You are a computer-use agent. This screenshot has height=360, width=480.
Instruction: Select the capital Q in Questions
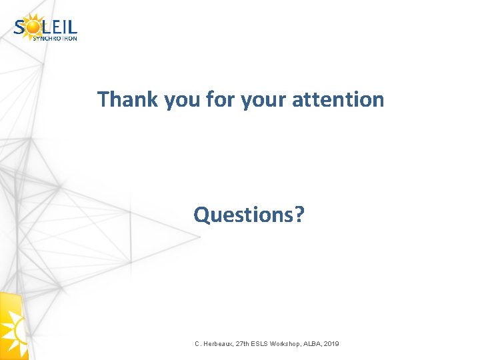(x=201, y=215)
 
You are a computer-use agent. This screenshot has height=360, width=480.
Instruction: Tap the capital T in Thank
(x=103, y=99)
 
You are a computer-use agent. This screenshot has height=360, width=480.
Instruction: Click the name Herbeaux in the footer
(x=219, y=343)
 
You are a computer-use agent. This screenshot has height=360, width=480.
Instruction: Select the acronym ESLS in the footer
(x=267, y=343)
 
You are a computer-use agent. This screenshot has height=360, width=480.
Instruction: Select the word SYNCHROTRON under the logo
(x=55, y=38)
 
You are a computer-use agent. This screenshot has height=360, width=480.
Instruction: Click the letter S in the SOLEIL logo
(x=20, y=27)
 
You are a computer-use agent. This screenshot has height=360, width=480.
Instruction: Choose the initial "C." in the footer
(x=198, y=343)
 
